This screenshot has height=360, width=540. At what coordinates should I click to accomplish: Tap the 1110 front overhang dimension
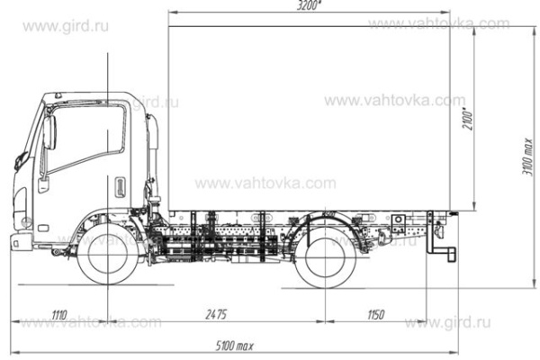pos(59,314)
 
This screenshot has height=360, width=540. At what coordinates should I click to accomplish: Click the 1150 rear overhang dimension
pos(375,314)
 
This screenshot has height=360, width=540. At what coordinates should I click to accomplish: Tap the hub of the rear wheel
pos(326,256)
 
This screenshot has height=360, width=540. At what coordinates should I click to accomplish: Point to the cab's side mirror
pos(49,132)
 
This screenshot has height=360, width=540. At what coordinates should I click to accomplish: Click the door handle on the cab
pos(117,187)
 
